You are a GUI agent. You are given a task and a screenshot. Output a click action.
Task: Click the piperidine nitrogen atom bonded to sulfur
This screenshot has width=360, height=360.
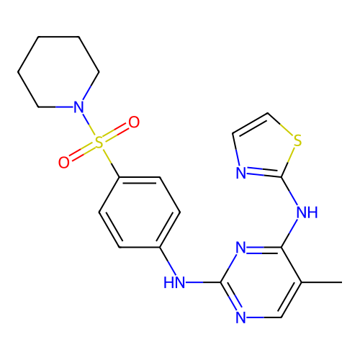tap(78, 107)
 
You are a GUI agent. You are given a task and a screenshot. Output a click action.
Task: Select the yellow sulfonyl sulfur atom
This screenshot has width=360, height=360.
tap(99, 143)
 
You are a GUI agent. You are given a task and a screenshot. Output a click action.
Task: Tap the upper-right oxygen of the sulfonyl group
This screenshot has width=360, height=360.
tap(134, 122)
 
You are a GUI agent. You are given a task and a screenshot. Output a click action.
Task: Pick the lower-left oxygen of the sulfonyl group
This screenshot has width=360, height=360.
tap(64, 163)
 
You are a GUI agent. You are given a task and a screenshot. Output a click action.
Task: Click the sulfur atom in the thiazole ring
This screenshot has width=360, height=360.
tap(297, 140)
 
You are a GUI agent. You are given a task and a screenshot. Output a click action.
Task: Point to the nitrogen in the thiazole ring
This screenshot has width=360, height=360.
tap(241, 173)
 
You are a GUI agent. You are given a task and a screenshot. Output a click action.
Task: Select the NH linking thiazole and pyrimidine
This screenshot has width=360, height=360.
tap(307, 212)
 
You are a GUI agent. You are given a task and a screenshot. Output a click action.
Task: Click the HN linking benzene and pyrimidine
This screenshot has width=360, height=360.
tap(174, 282)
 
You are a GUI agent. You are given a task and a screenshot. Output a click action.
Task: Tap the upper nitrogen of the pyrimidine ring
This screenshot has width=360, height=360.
tap(241, 248)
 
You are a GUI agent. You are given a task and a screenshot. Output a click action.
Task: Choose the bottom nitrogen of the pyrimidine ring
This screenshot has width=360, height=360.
tap(241, 318)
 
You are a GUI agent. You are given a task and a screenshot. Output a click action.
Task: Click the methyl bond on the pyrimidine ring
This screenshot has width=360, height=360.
tap(322, 282)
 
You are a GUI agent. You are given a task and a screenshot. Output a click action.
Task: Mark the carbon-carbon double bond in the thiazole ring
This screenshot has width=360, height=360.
tap(250, 123)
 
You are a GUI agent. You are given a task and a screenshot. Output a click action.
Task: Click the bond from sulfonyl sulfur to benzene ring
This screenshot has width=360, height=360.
tap(111, 163)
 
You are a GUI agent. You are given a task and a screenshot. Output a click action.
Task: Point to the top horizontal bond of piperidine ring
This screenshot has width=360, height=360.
tap(58, 37)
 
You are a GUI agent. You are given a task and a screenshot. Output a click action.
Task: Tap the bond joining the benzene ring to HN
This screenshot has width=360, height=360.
tap(168, 261)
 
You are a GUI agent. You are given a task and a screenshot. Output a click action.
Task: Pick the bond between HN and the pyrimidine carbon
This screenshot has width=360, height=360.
tap(203, 282)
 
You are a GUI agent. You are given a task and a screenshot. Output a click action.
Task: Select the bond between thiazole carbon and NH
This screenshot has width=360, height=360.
tap(289, 192)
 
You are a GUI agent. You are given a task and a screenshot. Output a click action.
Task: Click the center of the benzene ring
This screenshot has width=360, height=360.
tap(140, 212)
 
